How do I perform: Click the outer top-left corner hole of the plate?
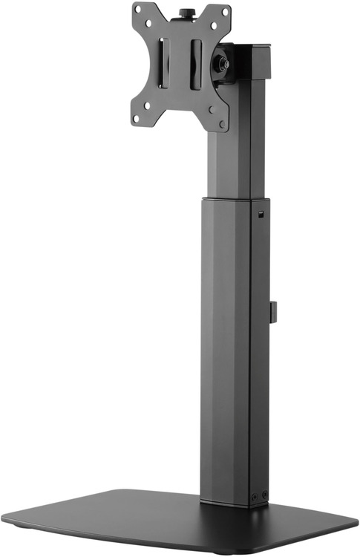138,10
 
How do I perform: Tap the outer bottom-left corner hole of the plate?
137,118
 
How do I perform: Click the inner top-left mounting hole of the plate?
148,24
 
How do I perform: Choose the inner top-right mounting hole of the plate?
213,25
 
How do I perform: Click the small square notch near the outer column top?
261,215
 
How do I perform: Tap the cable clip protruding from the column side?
272,312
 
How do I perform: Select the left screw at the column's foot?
255,496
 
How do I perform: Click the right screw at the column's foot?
264,495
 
